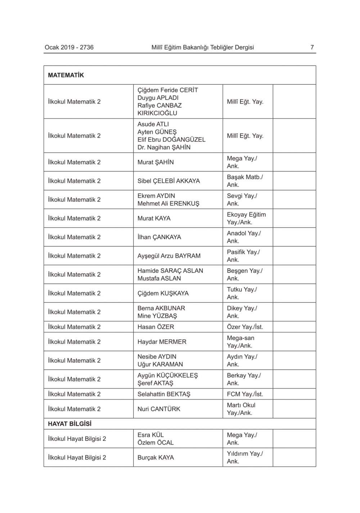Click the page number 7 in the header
pyautogui.click(x=312, y=47)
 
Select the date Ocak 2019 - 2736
pyautogui.click(x=69, y=47)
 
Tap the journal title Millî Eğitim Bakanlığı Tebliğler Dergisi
pyautogui.click(x=203, y=47)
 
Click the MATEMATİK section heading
pyautogui.click(x=66, y=75)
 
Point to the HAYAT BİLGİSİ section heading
pyautogui.click(x=70, y=424)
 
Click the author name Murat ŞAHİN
pyautogui.click(x=156, y=162)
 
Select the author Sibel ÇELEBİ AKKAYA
pyautogui.click(x=168, y=181)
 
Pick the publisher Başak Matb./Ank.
pyautogui.click(x=245, y=181)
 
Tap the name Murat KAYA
pyautogui.click(x=154, y=218)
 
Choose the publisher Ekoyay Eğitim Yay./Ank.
pyautogui.click(x=246, y=218)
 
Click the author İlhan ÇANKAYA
pyautogui.click(x=159, y=237)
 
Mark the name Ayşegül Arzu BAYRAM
pyautogui.click(x=169, y=256)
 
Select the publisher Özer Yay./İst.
pyautogui.click(x=245, y=327)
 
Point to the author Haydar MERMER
pyautogui.click(x=162, y=342)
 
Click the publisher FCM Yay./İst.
pyautogui.click(x=245, y=394)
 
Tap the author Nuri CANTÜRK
pyautogui.click(x=159, y=409)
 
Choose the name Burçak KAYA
pyautogui.click(x=156, y=458)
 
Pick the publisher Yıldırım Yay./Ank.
pyautogui.click(x=245, y=458)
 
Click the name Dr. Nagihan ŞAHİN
pyautogui.click(x=164, y=147)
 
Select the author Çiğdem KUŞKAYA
pyautogui.click(x=163, y=293)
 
